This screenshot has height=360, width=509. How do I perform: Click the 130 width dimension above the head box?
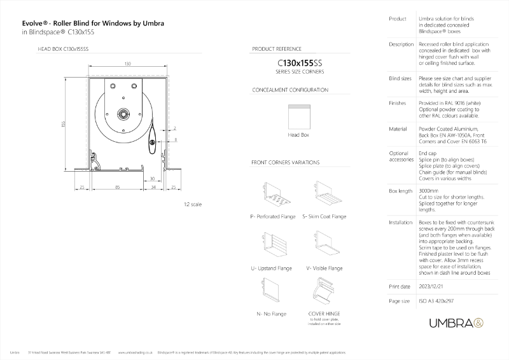click(x=127, y=64)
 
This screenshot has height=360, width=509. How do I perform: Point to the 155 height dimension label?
click(x=63, y=124)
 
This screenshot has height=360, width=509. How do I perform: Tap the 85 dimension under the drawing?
click(x=118, y=187)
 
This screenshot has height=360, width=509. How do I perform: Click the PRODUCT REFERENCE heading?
click(x=277, y=48)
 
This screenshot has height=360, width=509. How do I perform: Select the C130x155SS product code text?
click(x=296, y=64)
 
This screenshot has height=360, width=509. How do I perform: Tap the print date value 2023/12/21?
click(x=433, y=286)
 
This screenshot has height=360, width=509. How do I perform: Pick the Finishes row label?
click(x=397, y=102)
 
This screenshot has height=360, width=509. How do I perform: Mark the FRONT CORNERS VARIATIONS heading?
click(x=285, y=163)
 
